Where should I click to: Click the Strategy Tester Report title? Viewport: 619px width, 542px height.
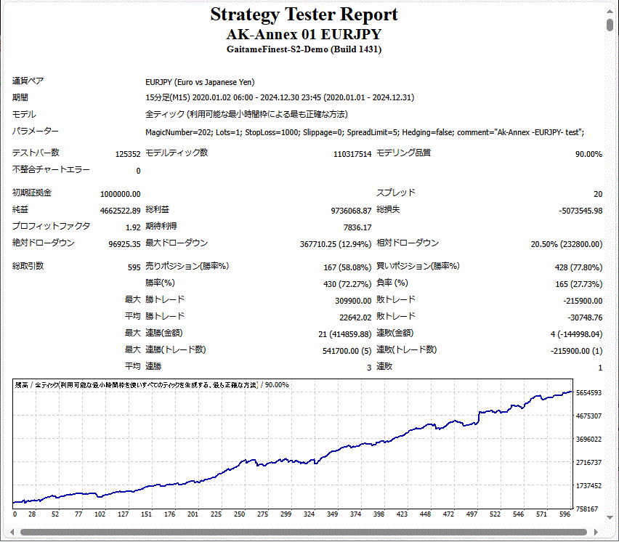coord(304,15)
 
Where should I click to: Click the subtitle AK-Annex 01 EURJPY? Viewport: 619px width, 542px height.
coord(304,34)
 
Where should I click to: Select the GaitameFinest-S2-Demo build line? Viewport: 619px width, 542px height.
coord(304,49)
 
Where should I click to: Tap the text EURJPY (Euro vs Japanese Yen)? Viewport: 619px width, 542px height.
coord(200,83)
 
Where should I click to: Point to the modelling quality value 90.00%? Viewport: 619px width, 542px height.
coord(588,154)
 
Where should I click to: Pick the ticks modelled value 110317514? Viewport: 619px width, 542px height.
coord(352,154)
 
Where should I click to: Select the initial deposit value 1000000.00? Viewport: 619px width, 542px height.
coord(120,194)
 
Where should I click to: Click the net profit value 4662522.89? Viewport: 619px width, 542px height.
coord(120,211)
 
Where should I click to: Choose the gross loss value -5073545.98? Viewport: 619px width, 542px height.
coord(578,211)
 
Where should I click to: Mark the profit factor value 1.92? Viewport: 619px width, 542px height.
coord(132,227)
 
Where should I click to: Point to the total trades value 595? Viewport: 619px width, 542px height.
coord(134,267)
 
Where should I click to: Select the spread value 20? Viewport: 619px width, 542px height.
coord(597,194)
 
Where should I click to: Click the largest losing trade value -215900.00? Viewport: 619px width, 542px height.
coord(583,301)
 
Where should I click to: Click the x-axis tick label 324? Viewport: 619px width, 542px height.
coord(309,514)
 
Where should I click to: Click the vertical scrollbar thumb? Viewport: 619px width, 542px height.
coord(610,25)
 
